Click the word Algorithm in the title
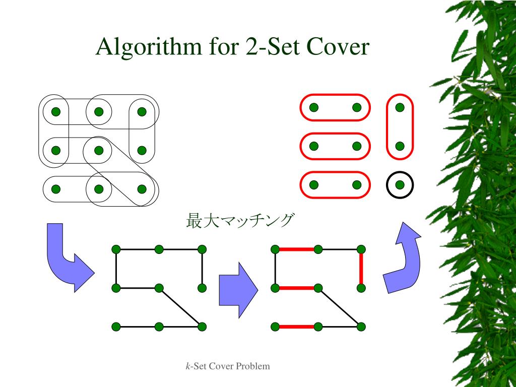pyautogui.click(x=147, y=47)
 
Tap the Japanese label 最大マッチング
pyautogui.click(x=239, y=221)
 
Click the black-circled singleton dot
pyautogui.click(x=400, y=185)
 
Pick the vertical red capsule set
pyautogui.click(x=400, y=126)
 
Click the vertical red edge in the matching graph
pyautogui.click(x=361, y=269)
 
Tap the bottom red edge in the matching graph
pyautogui.click(x=297, y=327)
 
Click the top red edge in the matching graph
pyautogui.click(x=297, y=249)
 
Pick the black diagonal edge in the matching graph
pyautogui.click(x=340, y=307)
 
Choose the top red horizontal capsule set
pyautogui.click(x=335, y=107)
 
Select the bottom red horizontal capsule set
pyautogui.click(x=335, y=185)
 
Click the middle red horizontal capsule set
pyautogui.click(x=335, y=146)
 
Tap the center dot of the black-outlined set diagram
pyautogui.click(x=99, y=150)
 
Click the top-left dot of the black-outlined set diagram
pyautogui.click(x=56, y=111)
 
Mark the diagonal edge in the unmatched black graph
pyautogui.click(x=180, y=307)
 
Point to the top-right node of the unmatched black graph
pyautogui.click(x=202, y=249)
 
